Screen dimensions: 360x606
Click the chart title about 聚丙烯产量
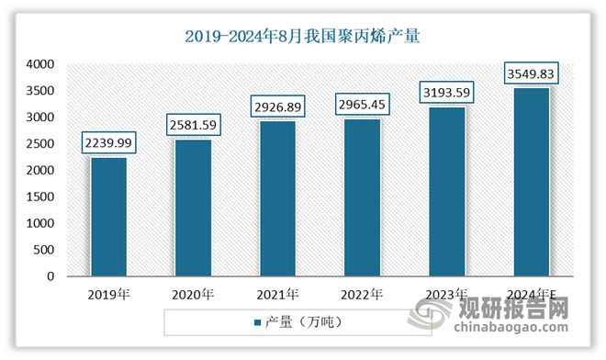pyautogui.click(x=302, y=37)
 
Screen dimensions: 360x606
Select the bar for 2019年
pyautogui.click(x=108, y=217)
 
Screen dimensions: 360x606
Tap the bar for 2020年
pyautogui.click(x=193, y=208)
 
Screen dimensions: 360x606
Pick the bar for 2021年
pyautogui.click(x=276, y=198)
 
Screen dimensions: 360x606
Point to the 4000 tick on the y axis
pyautogui.click(x=41, y=64)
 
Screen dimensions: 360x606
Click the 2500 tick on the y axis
pyautogui.click(x=41, y=144)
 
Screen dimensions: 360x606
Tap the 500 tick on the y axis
pyautogui.click(x=45, y=250)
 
